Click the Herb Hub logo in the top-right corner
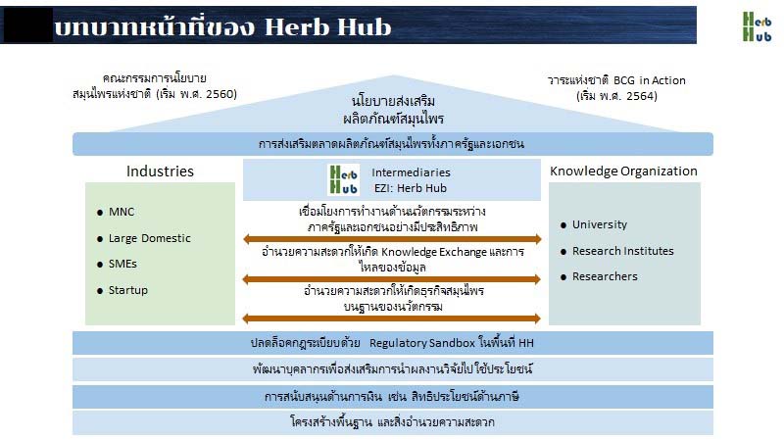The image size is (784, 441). click(757, 26)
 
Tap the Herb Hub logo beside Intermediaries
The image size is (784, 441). click(344, 179)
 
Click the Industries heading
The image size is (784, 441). click(160, 171)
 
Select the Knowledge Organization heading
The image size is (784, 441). click(623, 171)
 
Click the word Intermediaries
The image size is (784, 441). click(411, 172)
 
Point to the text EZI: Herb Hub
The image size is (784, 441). click(411, 188)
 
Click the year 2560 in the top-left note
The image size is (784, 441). click(220, 94)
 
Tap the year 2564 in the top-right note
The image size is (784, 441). click(641, 96)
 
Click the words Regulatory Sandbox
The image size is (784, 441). click(422, 343)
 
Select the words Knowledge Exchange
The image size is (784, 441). click(434, 252)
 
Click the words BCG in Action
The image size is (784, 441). click(650, 80)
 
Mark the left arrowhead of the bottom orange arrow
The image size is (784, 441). click(246, 318)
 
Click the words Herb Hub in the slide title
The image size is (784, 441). click(327, 27)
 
